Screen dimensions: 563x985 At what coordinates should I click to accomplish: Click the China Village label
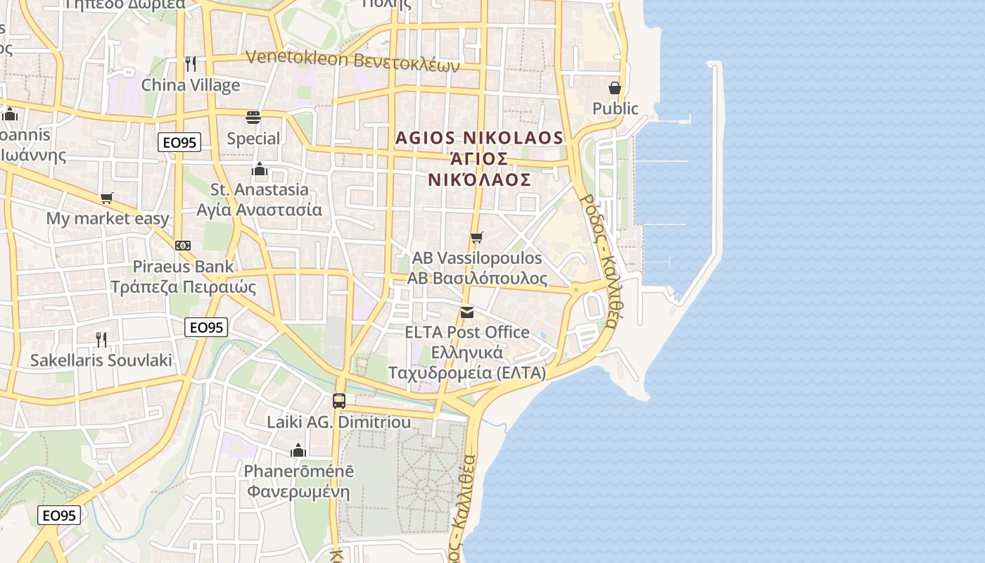click(191, 85)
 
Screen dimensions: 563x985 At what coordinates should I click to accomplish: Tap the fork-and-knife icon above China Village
click(191, 63)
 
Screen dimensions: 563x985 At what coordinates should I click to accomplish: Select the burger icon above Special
click(253, 117)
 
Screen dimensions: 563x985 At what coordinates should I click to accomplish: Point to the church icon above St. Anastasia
click(260, 169)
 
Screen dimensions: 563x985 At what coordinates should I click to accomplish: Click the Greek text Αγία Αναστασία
click(259, 210)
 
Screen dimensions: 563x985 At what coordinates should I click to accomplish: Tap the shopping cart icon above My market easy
click(107, 198)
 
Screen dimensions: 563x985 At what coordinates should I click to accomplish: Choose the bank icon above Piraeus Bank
click(183, 246)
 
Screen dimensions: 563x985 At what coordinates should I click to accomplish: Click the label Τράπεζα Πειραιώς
click(184, 287)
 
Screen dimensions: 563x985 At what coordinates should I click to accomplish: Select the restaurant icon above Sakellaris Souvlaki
click(101, 340)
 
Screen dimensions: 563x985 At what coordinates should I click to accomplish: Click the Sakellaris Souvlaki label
click(101, 361)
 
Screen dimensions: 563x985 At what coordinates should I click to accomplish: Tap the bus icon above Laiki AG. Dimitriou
click(339, 401)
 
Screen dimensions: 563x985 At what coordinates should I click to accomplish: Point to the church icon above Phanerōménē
click(298, 450)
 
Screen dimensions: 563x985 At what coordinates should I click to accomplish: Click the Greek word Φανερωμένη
click(298, 491)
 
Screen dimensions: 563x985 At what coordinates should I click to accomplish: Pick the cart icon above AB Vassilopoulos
click(477, 237)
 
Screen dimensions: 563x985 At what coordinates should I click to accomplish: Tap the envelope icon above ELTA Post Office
click(467, 312)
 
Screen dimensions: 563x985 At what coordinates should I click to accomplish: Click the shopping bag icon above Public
click(615, 88)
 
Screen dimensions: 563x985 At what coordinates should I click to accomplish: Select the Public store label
click(615, 108)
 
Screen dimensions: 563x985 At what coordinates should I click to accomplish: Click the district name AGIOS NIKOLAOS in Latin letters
click(479, 138)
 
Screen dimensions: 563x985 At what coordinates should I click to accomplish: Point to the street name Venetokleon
click(297, 58)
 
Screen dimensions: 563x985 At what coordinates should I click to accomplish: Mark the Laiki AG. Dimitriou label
click(338, 422)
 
